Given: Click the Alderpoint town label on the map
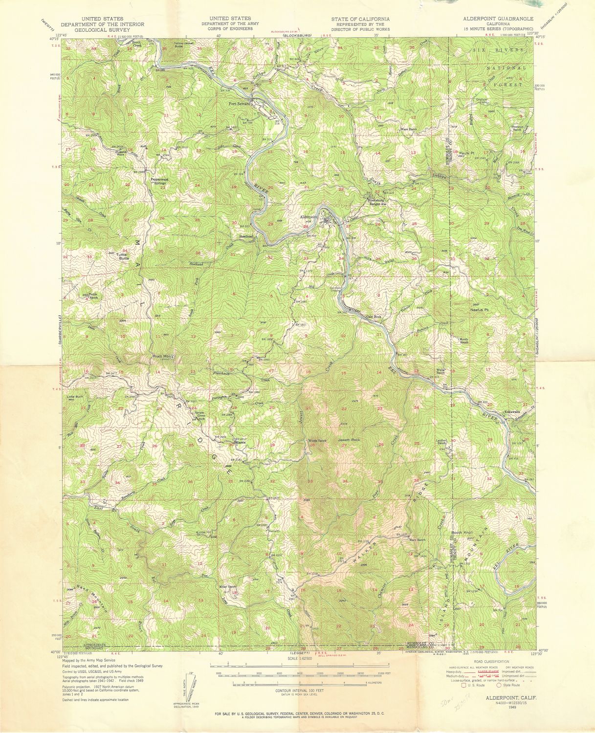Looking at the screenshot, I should tap(309, 216).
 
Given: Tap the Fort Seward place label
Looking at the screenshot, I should tap(240, 104).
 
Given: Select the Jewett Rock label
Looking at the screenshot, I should tap(349, 440).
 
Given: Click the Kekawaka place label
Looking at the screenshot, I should tap(514, 411).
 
